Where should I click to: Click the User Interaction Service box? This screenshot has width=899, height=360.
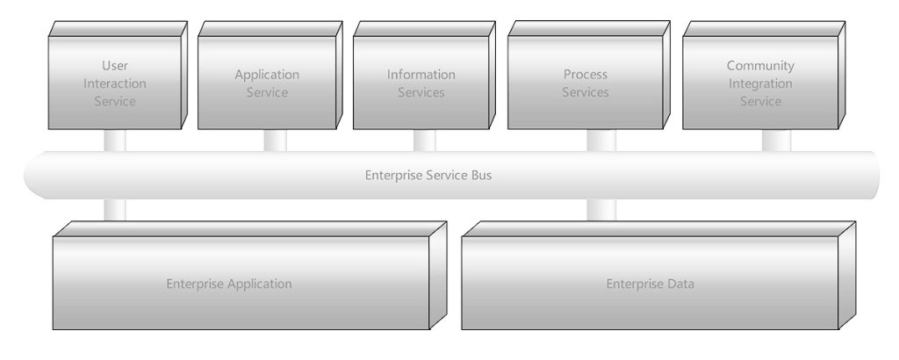coord(115,83)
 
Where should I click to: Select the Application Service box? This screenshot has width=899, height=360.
coord(267,83)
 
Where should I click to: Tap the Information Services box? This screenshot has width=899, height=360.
coord(421,83)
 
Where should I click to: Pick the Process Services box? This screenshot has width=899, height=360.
coord(585,83)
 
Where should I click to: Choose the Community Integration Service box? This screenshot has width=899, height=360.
coord(760,83)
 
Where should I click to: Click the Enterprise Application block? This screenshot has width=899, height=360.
coord(229,284)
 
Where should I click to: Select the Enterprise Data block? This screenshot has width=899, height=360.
coord(650,284)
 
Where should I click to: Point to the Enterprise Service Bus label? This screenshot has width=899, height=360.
coord(428,175)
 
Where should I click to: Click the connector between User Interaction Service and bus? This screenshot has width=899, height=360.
coord(115,140)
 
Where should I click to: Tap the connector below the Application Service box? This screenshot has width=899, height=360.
coord(275,140)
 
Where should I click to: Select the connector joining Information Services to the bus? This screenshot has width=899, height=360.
coord(424,140)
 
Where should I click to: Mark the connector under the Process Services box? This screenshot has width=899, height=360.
coord(601,140)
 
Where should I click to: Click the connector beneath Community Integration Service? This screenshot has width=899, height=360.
coord(776,140)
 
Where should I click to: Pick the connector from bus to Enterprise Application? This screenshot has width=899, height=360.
coord(115,210)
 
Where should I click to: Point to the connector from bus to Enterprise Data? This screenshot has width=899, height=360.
coord(601,210)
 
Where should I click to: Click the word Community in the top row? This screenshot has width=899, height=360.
coord(760,66)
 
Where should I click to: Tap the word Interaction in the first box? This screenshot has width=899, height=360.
coord(115,83)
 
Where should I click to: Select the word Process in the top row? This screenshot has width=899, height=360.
coord(585,75)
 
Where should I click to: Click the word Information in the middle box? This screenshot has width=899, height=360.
coord(421,75)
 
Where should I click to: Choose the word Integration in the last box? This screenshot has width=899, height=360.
coord(760,83)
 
